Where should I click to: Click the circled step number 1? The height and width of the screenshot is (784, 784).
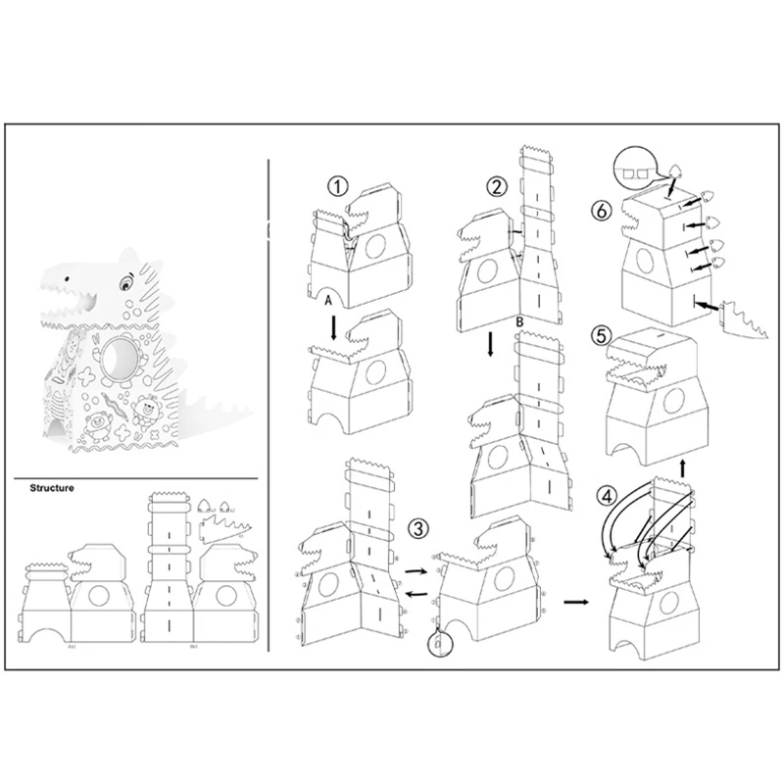[336, 185]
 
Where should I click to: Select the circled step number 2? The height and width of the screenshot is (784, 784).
[500, 186]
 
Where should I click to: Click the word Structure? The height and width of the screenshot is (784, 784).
[52, 486]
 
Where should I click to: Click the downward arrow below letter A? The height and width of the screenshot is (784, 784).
[333, 327]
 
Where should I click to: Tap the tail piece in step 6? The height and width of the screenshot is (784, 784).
[743, 315]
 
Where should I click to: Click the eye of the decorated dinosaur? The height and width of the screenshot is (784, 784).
[124, 284]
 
